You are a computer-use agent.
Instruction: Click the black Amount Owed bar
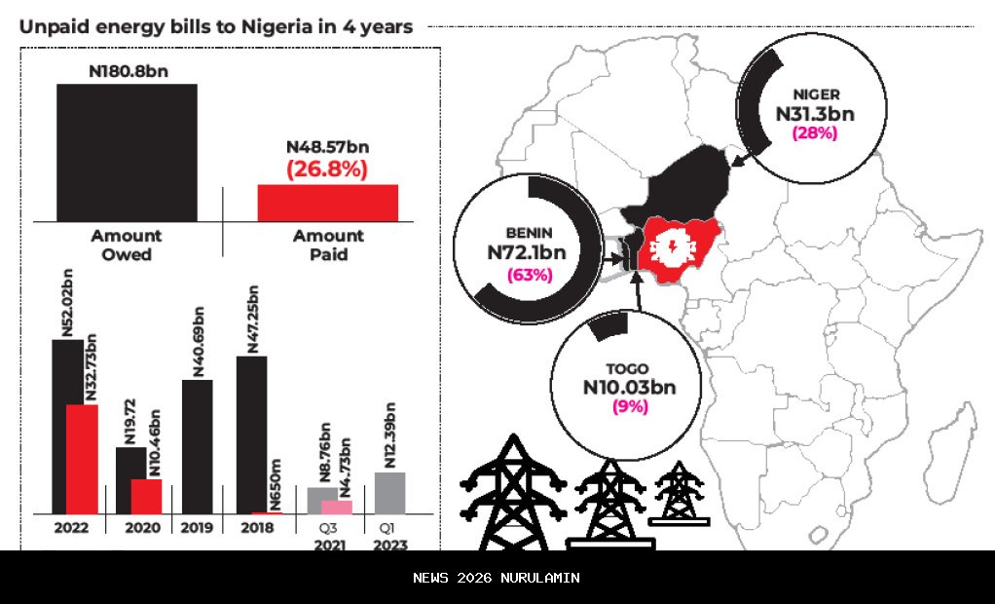(x=127, y=152)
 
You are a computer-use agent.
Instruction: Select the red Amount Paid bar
(x=327, y=203)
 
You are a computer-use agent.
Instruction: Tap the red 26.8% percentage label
(x=326, y=169)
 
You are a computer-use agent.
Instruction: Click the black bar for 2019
(x=198, y=446)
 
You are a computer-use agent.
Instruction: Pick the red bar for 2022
(x=82, y=459)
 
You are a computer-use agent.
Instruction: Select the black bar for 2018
(x=251, y=434)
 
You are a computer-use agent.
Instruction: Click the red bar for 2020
(x=146, y=496)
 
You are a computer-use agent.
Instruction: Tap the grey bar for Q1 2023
(x=389, y=493)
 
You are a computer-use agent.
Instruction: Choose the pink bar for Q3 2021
(x=337, y=507)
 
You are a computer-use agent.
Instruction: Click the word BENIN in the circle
(x=530, y=233)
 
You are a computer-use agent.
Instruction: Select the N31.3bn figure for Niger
(x=815, y=114)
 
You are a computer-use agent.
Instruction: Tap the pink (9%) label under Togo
(x=629, y=406)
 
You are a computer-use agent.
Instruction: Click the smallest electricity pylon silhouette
(x=680, y=494)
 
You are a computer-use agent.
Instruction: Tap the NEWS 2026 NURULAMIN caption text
(x=497, y=578)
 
